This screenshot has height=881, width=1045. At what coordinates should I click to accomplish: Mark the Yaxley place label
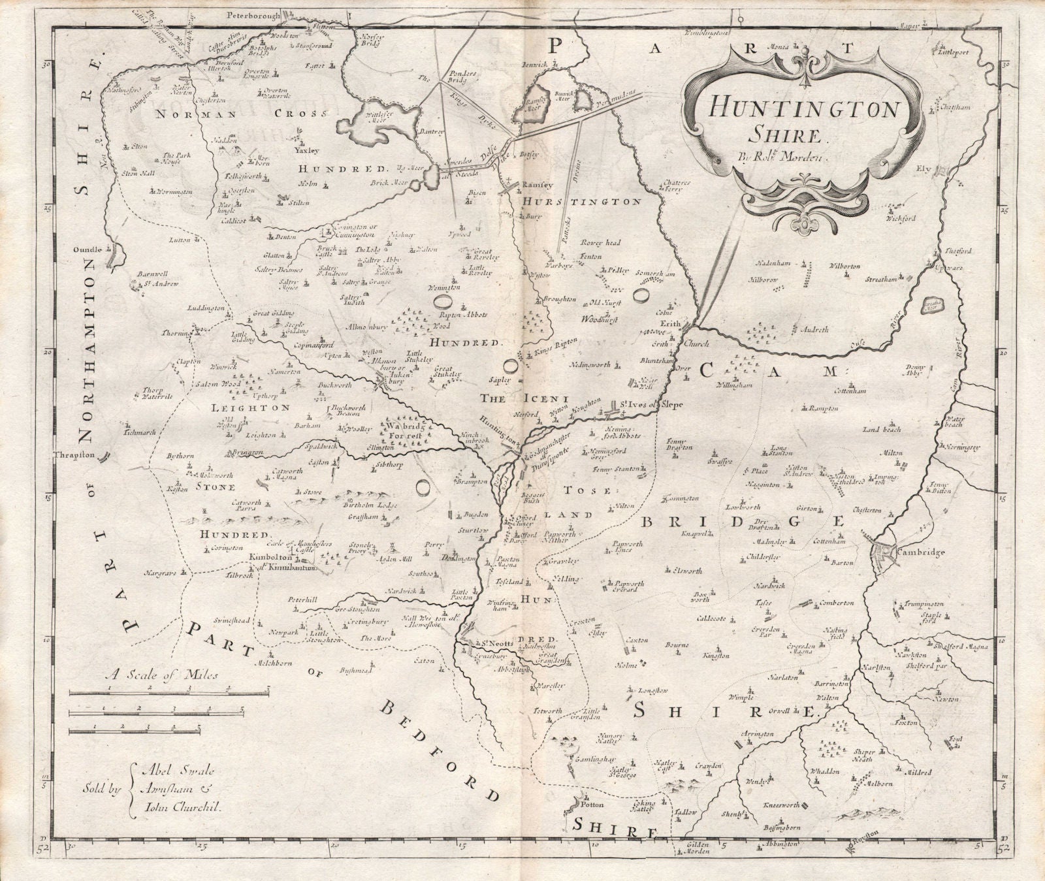point(306,150)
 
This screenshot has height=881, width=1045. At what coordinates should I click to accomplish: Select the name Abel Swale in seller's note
point(174,770)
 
